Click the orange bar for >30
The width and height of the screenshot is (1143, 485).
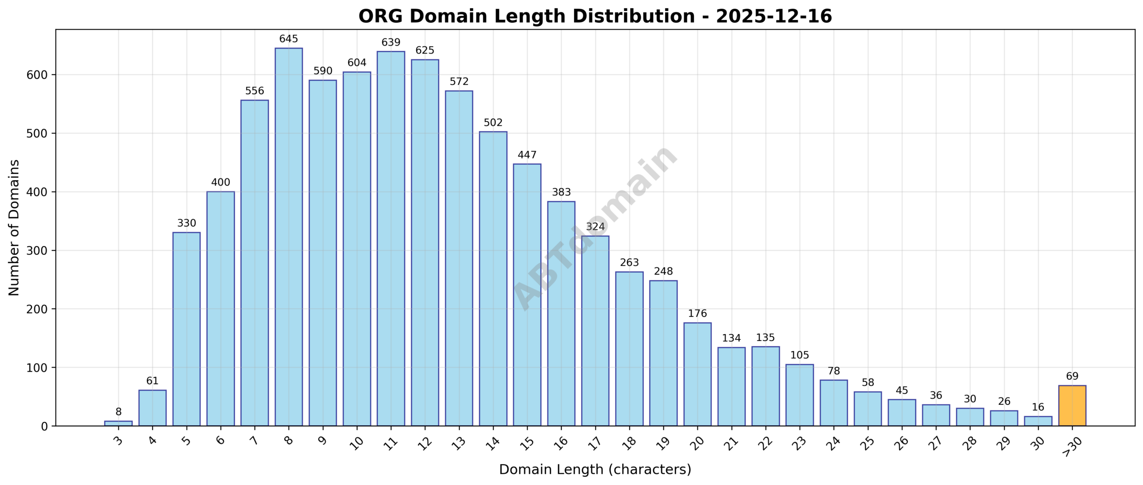[x=1072, y=406]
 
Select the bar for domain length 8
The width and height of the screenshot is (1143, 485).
[x=288, y=236]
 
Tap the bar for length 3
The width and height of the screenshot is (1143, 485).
[x=118, y=423]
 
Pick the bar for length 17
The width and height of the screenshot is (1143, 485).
[x=595, y=331]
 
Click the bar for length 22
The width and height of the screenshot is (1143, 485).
[x=765, y=386]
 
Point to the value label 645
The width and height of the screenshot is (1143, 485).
[x=288, y=39]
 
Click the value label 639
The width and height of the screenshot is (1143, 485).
[x=391, y=42]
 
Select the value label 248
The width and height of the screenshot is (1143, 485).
[x=663, y=271]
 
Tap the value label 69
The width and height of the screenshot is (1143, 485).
[x=1072, y=376]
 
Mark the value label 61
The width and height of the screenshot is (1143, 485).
[x=152, y=381]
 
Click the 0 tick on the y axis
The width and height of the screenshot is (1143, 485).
[x=44, y=427]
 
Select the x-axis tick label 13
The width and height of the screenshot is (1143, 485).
[x=459, y=443]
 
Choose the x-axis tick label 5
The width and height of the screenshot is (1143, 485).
[x=186, y=441]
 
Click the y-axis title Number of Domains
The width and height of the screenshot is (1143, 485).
[x=14, y=228]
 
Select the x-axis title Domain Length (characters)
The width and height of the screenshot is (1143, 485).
[x=595, y=469]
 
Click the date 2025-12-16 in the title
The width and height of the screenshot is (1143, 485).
[x=774, y=17]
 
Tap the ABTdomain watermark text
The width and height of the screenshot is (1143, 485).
[x=595, y=228]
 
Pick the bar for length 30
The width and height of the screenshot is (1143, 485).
[x=1038, y=421]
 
